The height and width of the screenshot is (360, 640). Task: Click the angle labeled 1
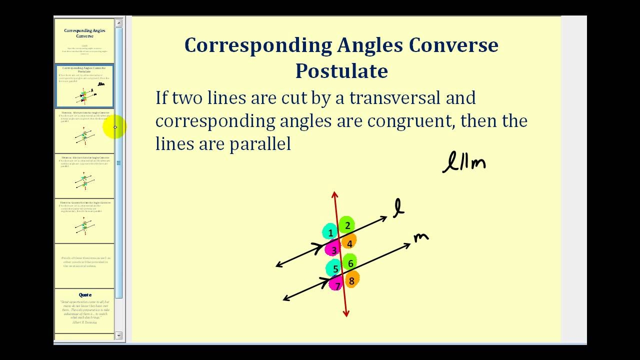pos(330,232)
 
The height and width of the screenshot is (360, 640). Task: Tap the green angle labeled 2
pos(347,225)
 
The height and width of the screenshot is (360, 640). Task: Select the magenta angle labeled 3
pos(333,249)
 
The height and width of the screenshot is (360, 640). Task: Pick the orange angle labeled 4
pos(349,243)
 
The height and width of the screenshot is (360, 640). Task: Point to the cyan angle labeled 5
pos(334,268)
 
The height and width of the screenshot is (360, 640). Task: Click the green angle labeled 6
pos(350,263)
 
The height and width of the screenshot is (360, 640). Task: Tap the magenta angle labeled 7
pos(337,285)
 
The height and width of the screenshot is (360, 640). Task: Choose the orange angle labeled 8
pos(351,280)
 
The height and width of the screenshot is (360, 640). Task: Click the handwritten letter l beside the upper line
pos(398,208)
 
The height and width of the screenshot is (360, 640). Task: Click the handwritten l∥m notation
pos(464,163)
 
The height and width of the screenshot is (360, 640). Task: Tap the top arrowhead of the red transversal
pos(334,194)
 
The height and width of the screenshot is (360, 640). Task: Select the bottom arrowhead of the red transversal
pos(346,313)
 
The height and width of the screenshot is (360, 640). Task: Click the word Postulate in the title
pos(341,70)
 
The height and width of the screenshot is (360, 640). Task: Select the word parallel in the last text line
pos(260,144)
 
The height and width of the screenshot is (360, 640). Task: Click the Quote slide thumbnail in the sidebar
pos(84,310)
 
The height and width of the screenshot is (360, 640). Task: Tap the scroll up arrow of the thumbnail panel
pos(118,23)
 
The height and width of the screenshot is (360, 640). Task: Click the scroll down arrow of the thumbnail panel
pos(118,335)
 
